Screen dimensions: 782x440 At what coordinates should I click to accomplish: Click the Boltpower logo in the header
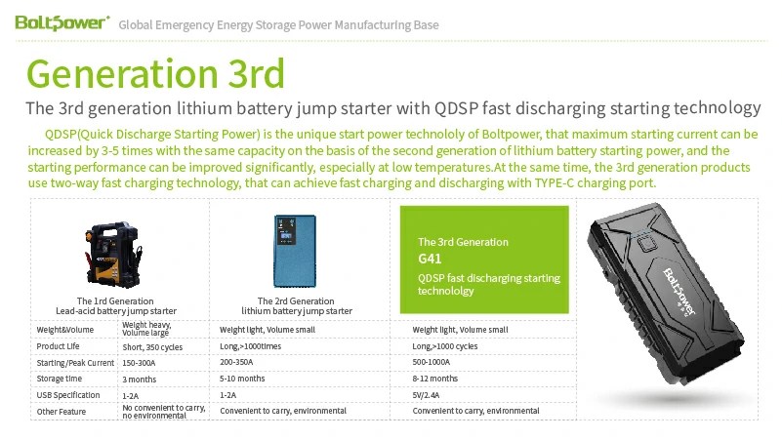(62, 22)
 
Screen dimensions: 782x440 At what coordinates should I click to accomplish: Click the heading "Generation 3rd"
(155, 73)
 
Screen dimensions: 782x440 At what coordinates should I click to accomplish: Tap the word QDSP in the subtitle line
(456, 107)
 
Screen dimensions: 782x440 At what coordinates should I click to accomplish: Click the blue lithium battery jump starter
(295, 251)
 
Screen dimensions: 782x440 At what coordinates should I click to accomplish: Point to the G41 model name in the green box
(430, 259)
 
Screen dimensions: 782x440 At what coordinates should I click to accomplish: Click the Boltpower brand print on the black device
(679, 291)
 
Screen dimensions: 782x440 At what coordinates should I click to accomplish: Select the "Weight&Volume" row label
(64, 330)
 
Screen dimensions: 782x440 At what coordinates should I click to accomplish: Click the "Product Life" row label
(58, 346)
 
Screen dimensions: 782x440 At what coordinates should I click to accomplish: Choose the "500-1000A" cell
(431, 362)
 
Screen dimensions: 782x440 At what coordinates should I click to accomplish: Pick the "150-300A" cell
(139, 363)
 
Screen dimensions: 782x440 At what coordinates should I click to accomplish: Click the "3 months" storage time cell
(140, 380)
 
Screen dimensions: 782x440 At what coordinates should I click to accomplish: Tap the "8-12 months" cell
(434, 379)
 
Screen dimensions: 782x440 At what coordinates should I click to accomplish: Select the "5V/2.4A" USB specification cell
(426, 395)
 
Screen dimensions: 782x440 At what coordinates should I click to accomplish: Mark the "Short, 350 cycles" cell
(152, 347)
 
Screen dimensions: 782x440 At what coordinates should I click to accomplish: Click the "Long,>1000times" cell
(250, 346)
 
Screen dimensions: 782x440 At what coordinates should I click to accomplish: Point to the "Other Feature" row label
(61, 412)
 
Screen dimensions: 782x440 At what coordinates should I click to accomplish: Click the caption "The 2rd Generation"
(296, 300)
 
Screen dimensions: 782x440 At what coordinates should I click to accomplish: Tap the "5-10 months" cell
(242, 379)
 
